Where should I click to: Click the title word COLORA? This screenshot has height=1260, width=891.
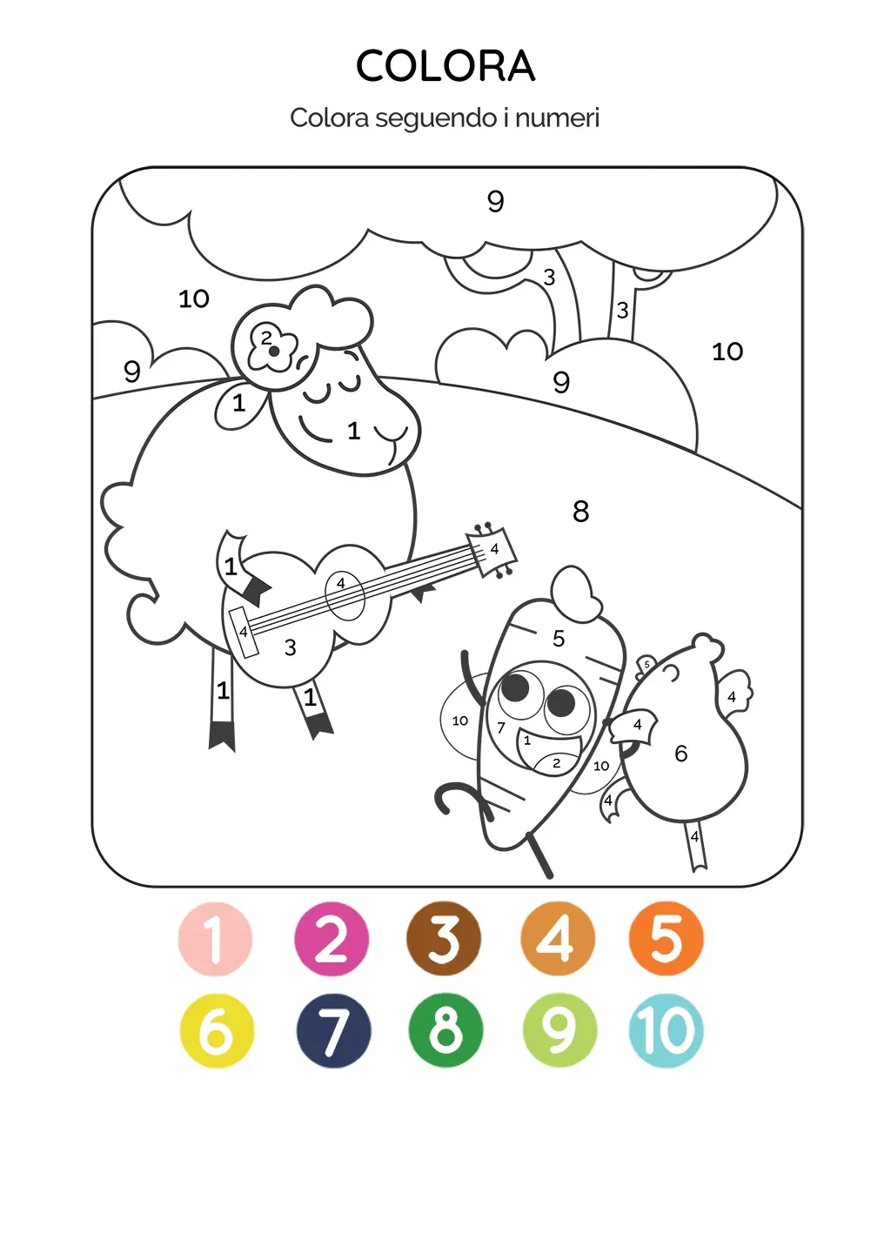click(445, 65)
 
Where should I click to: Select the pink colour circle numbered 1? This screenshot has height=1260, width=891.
click(215, 940)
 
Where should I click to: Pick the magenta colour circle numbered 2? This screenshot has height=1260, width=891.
click(332, 940)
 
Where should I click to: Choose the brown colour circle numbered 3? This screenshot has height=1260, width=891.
click(444, 940)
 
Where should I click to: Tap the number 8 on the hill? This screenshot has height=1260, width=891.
click(581, 512)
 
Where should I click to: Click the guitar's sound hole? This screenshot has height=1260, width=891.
click(345, 596)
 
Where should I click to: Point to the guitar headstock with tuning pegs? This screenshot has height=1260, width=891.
click(491, 550)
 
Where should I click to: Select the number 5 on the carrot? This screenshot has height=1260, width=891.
click(559, 639)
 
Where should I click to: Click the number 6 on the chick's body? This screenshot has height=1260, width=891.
click(681, 754)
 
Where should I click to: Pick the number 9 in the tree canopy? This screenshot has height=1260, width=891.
click(496, 201)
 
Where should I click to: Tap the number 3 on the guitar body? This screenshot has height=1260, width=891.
click(291, 647)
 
